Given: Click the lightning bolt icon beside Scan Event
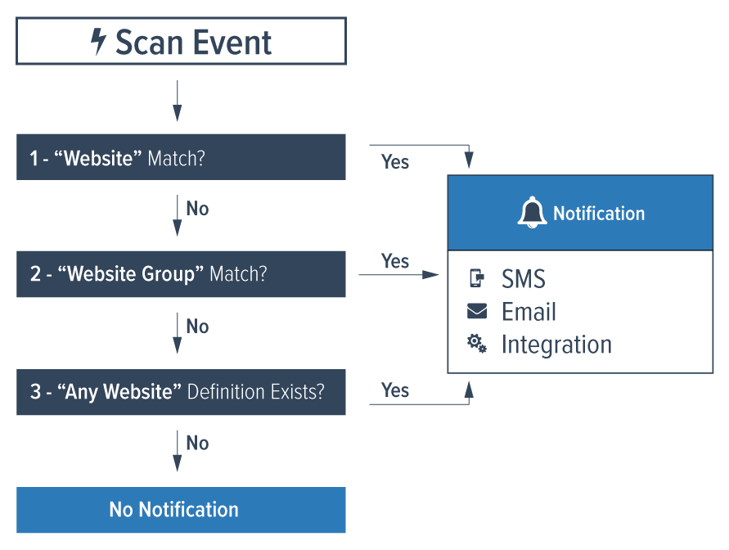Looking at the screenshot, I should tap(98, 42).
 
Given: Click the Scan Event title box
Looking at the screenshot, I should tap(181, 42).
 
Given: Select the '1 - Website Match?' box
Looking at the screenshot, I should tap(181, 157).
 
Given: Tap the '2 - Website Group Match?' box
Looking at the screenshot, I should tap(181, 273).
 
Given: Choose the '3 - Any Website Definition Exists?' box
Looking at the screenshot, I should tap(181, 391).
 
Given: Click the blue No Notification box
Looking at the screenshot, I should tap(181, 510).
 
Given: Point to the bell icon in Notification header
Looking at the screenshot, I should tap(532, 213).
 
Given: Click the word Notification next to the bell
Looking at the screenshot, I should tap(599, 214).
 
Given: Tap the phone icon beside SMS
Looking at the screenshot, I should tap(476, 279).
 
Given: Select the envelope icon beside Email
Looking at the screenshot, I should tap(476, 311).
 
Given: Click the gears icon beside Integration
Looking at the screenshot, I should tap(476, 344).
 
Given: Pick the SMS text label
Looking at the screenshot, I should tap(524, 279).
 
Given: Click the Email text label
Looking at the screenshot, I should tap(529, 312).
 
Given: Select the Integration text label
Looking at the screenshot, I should tap(556, 345).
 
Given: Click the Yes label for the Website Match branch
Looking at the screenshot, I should tap(395, 162).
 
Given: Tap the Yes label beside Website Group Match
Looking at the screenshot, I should tap(395, 261).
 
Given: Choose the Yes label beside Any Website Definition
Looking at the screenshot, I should tap(395, 390).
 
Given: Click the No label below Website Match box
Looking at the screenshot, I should tap(197, 209).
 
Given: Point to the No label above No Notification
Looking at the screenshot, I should tap(197, 443).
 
